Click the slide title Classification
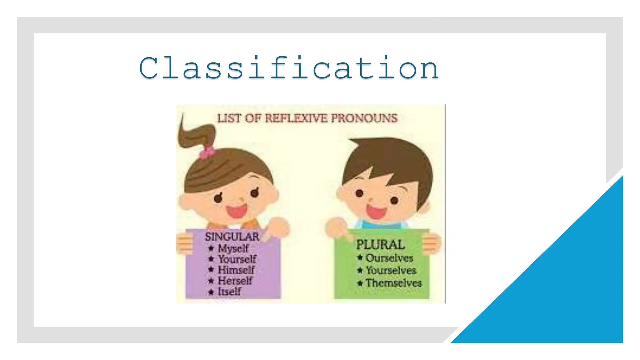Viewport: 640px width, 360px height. click(x=289, y=68)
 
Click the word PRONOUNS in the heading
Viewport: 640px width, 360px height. click(x=364, y=118)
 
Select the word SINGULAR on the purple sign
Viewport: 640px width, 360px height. click(x=232, y=237)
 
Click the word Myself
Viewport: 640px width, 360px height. click(x=233, y=248)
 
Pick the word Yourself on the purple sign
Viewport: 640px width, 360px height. click(x=237, y=259)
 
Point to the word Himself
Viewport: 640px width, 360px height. click(x=236, y=270)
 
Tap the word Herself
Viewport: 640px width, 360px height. click(x=235, y=281)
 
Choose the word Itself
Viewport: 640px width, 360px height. click(x=229, y=292)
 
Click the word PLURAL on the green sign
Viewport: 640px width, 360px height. click(x=380, y=245)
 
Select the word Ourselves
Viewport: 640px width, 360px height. click(x=389, y=258)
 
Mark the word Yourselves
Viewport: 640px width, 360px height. click(x=391, y=270)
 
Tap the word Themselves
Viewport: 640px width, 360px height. click(x=394, y=283)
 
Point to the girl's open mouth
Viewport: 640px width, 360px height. click(x=237, y=211)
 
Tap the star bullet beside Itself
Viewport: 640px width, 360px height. click(x=211, y=292)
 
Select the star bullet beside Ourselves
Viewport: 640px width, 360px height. click(x=360, y=258)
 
